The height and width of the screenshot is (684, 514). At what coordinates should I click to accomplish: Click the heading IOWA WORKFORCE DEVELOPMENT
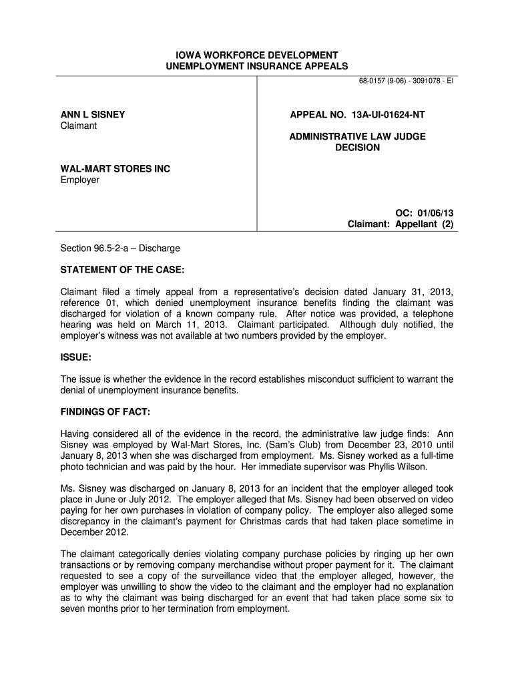point(256,55)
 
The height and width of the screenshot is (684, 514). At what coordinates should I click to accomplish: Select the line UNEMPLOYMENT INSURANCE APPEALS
point(256,66)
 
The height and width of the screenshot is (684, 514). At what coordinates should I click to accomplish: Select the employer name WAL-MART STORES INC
point(115,169)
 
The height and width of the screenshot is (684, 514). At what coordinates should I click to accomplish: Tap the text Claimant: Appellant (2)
point(401,224)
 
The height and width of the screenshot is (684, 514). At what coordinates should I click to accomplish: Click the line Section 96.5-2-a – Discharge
point(120,248)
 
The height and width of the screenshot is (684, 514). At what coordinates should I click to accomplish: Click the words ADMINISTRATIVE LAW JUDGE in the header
point(357,136)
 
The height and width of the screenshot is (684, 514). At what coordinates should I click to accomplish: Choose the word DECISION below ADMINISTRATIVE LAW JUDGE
point(357,148)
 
